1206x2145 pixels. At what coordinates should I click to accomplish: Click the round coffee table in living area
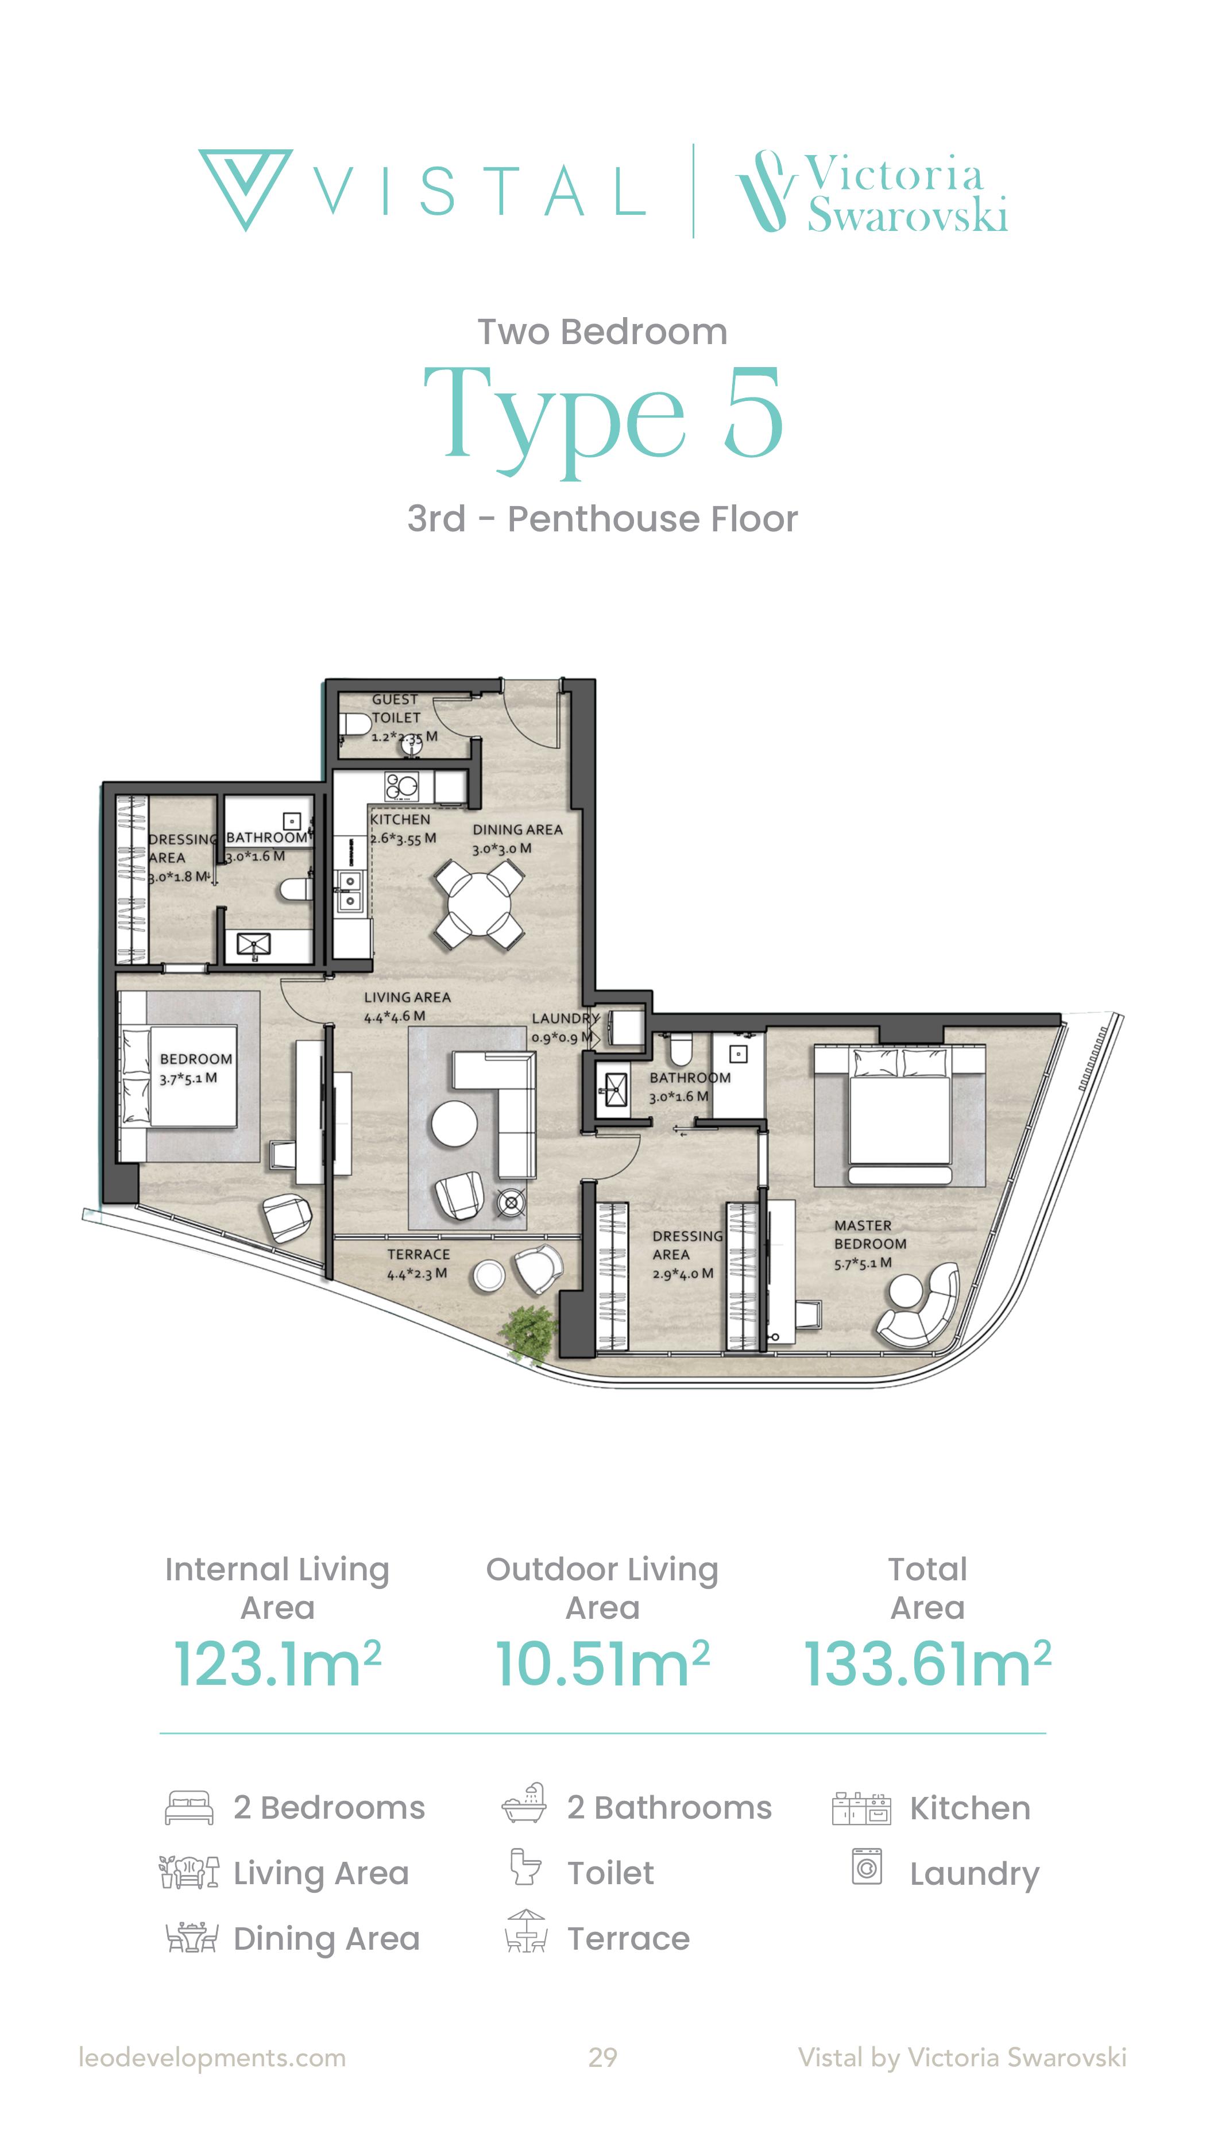[x=454, y=1125]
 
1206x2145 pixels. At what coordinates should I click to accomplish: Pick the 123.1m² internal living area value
[x=277, y=1665]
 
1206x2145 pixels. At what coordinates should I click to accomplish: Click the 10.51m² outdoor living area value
[x=602, y=1665]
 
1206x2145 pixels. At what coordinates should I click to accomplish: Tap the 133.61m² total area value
[x=927, y=1665]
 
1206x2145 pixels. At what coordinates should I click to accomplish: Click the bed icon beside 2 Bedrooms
[x=190, y=1808]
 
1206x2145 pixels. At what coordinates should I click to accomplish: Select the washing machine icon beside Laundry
[x=867, y=1866]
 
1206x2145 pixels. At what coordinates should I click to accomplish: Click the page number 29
[x=602, y=2058]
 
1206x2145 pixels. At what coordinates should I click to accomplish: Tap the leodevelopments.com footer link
[x=212, y=2058]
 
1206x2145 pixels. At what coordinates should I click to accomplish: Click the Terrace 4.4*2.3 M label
[x=418, y=1264]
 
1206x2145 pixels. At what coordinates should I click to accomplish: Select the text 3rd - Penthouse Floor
[x=602, y=519]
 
